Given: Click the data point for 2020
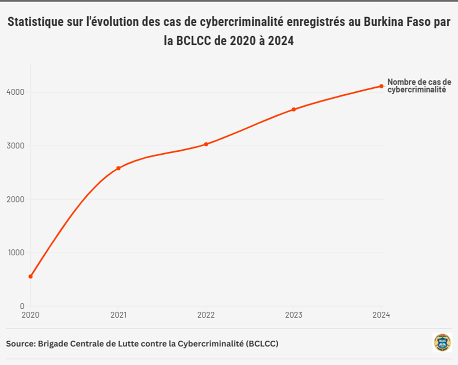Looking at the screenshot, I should (x=30, y=276).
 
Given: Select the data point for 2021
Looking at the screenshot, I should (x=118, y=168).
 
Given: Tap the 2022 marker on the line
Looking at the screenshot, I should (x=206, y=144).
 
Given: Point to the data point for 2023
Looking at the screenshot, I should (x=294, y=109).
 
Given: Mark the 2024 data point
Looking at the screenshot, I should (x=382, y=86).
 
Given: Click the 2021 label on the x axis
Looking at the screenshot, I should (x=118, y=315).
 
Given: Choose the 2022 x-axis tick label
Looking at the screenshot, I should (x=206, y=315).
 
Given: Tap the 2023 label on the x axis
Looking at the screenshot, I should (x=294, y=315).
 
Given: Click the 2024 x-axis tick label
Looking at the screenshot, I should (x=381, y=315).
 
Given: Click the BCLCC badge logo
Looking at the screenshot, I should (x=442, y=343).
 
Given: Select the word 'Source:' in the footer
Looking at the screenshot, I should (x=20, y=344).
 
